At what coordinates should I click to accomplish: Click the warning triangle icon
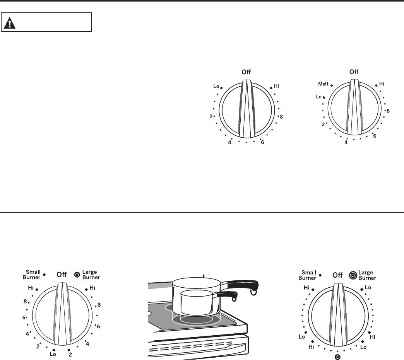(10, 23)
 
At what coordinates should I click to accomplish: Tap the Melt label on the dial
(324, 84)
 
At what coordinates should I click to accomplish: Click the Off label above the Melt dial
(354, 72)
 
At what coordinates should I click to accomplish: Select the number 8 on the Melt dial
(388, 111)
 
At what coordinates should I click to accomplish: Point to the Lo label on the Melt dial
(319, 97)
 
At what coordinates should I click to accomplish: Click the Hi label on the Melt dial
(382, 84)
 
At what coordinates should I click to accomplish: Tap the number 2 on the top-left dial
(211, 117)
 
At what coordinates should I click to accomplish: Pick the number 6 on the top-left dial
(262, 142)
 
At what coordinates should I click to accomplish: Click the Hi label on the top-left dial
(276, 86)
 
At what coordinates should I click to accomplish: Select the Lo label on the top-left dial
(216, 86)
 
